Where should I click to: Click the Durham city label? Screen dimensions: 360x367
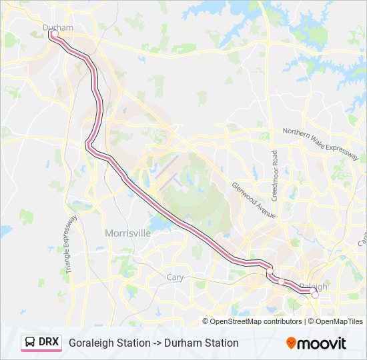57,27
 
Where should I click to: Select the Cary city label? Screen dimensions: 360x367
175,277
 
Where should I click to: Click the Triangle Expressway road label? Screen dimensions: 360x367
71,241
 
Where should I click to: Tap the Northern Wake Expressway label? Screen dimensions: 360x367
320,142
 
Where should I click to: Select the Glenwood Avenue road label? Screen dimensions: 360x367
254,200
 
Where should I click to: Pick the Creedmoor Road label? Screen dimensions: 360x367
274,175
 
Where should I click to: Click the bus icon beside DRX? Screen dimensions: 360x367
30,343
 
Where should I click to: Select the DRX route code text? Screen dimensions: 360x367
49,343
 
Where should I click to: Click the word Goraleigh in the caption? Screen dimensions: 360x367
91,343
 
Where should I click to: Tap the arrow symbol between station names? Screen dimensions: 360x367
159,343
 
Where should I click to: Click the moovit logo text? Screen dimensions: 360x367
322,343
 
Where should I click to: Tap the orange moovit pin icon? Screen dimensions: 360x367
291,343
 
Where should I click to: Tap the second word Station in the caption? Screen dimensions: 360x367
222,343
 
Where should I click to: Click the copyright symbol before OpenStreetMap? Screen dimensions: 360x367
206,321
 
